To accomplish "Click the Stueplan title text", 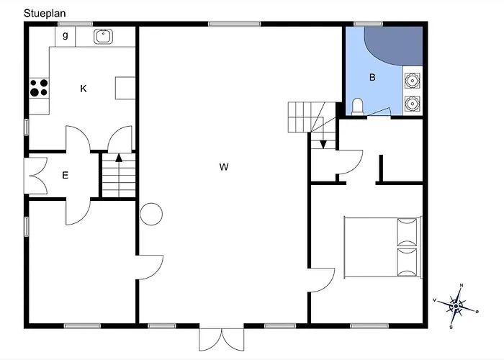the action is (45, 14).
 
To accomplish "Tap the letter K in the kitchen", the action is (84, 89).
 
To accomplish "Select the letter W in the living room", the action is (224, 167).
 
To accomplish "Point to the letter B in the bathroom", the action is (372, 77).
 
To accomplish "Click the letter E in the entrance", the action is (65, 175).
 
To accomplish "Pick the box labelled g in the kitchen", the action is (66, 37).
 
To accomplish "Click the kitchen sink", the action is (103, 36).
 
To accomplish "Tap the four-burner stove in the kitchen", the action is (39, 88).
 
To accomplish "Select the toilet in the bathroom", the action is (357, 107).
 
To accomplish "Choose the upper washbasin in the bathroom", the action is (412, 81).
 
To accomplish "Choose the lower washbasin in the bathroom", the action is (412, 104).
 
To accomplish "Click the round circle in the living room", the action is (151, 214).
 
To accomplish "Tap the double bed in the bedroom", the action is (382, 247).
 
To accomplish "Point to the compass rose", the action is (456, 306).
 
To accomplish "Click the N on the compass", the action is (462, 285).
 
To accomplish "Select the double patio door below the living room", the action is (222, 339).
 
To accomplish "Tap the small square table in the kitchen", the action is (125, 88).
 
